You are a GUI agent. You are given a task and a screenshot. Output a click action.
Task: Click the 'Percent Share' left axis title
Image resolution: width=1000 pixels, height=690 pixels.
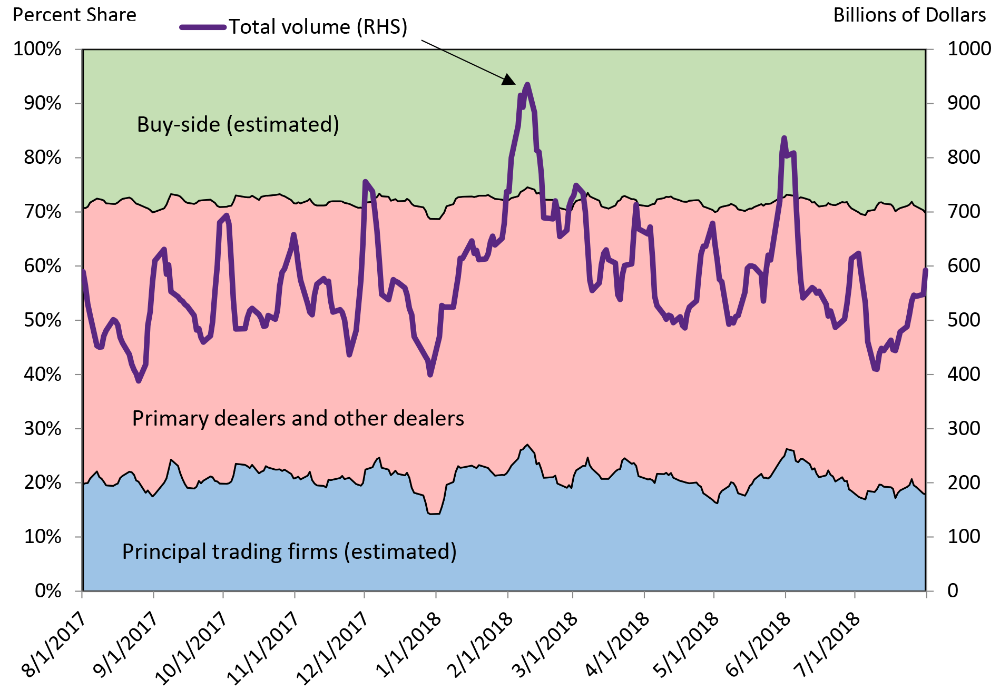pyautogui.click(x=74, y=15)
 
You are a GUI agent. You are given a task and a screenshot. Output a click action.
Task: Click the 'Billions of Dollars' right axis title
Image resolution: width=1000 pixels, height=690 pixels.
pyautogui.click(x=909, y=15)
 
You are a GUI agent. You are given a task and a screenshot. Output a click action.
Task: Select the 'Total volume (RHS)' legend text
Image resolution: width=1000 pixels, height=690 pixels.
pyautogui.click(x=318, y=27)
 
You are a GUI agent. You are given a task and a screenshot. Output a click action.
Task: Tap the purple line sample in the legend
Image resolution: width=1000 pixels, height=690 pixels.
pyautogui.click(x=203, y=27)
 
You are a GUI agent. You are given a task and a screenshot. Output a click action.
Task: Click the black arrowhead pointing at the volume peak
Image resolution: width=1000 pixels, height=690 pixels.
pyautogui.click(x=508, y=80)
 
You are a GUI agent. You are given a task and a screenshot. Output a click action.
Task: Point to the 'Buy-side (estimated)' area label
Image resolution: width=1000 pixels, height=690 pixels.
pyautogui.click(x=238, y=124)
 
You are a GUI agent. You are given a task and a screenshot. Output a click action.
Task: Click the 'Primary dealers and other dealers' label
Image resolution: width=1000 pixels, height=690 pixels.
pyautogui.click(x=298, y=418)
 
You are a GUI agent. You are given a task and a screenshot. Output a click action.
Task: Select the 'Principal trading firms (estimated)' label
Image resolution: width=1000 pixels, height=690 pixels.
pyautogui.click(x=289, y=551)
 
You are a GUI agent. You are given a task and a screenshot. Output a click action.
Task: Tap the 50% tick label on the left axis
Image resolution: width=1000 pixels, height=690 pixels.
pyautogui.click(x=42, y=320)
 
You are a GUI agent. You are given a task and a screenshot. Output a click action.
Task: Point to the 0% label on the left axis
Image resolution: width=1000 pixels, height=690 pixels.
pyautogui.click(x=48, y=591)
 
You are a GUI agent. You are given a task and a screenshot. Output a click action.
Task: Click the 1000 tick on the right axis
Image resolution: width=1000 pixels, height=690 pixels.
pyautogui.click(x=969, y=49)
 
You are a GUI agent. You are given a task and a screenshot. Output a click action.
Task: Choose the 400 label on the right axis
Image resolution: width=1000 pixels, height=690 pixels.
pyautogui.click(x=964, y=374)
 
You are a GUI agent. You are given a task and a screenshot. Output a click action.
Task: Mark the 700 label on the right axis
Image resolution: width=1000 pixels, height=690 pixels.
pyautogui.click(x=964, y=212)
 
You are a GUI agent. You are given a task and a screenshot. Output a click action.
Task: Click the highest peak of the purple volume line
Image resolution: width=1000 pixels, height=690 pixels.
pyautogui.click(x=527, y=84)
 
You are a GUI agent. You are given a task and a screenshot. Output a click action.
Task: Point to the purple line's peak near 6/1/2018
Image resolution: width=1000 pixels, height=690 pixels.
pyautogui.click(x=784, y=138)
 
